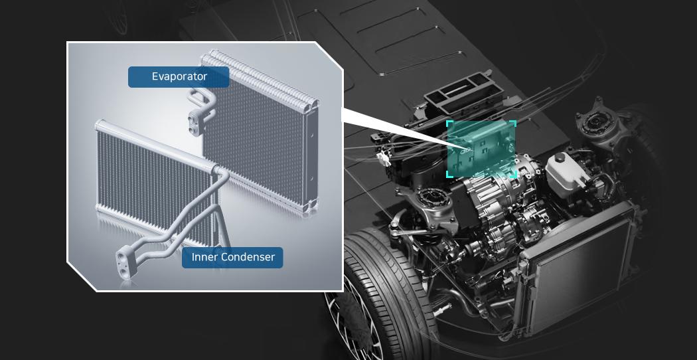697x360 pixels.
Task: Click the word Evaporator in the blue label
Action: point(180,76)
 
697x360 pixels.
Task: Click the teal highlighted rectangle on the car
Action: point(481,149)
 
